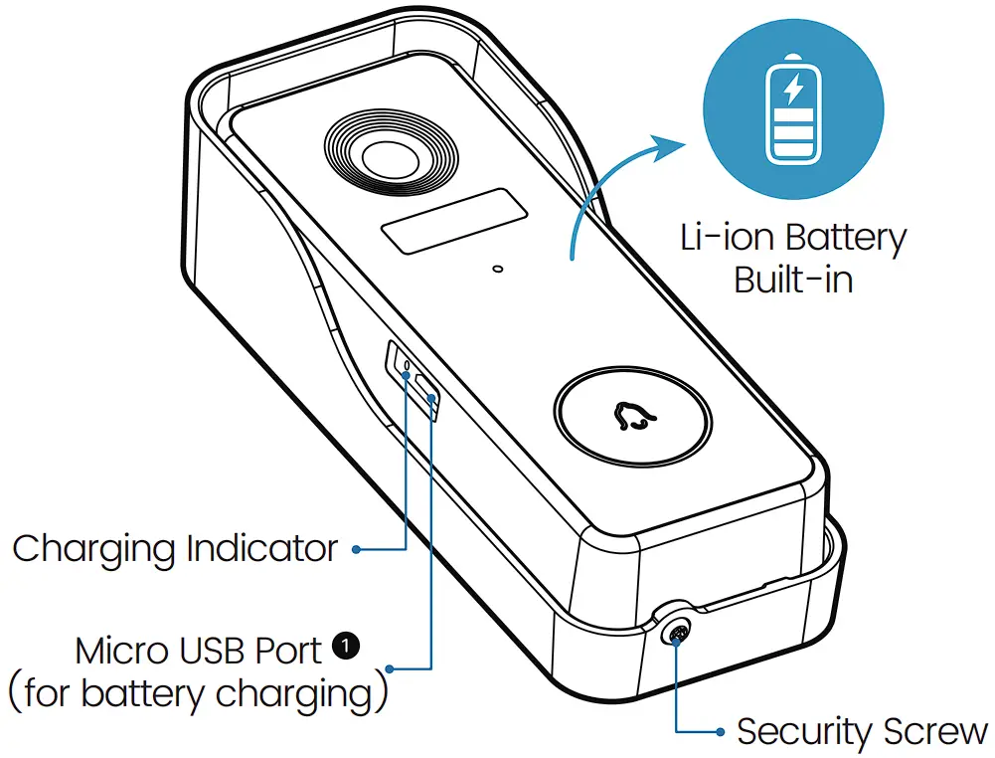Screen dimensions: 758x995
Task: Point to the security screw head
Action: [x=679, y=631]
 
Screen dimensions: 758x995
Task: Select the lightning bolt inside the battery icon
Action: [x=793, y=90]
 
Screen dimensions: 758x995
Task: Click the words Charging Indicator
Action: [x=175, y=548]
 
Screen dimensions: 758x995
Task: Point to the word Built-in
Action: [x=793, y=280]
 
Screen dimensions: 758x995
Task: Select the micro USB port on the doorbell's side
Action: [x=426, y=391]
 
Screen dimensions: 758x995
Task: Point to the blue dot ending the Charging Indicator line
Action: [x=356, y=548]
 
